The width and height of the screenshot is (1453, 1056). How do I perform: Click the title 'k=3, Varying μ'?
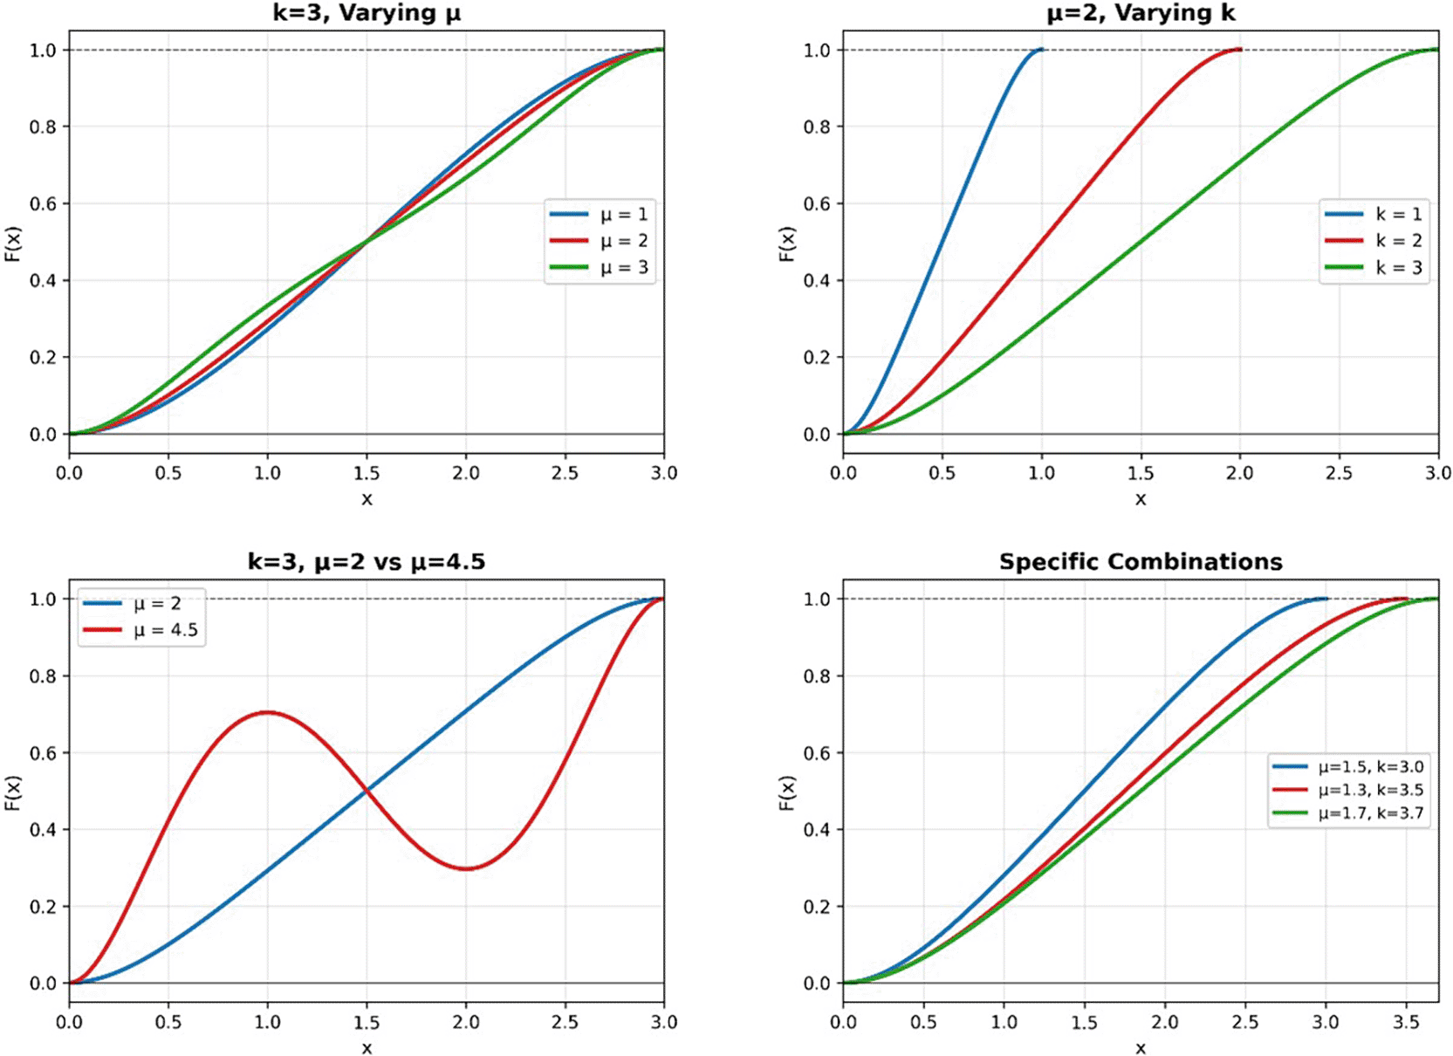[x=367, y=13]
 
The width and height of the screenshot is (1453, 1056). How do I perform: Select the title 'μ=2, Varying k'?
[x=1141, y=13]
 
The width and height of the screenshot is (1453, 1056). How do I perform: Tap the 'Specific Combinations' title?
[x=1141, y=561]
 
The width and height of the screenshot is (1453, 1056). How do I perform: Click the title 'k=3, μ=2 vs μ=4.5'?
[x=367, y=561]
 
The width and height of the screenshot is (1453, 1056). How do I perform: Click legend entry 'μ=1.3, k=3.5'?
[x=1370, y=790]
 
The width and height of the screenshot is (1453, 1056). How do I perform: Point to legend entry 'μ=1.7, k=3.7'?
[x=1370, y=813]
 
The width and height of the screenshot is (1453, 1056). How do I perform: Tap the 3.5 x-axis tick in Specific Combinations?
[x=1406, y=1022]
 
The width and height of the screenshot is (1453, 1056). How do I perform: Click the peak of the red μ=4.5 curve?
[x=267, y=712]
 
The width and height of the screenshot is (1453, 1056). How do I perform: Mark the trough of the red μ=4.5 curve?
[x=467, y=868]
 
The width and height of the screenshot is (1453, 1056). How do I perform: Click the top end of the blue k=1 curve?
[x=1041, y=50]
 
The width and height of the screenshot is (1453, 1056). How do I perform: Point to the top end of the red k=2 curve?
[x=1239, y=50]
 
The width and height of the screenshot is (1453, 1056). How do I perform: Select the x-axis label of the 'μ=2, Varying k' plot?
[x=1141, y=499]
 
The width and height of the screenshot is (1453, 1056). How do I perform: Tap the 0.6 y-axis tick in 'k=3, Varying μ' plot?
[x=44, y=203]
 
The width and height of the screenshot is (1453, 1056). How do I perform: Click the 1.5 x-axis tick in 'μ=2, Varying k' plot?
[x=1141, y=473]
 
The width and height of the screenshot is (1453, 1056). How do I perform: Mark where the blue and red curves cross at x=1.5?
[x=367, y=791]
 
